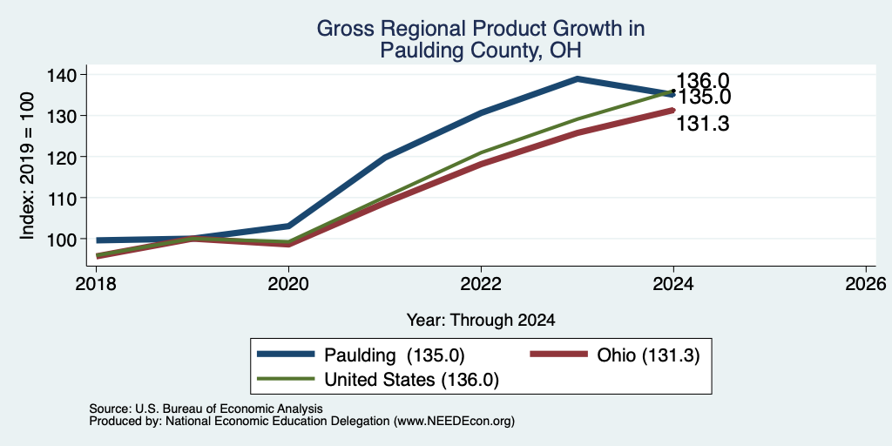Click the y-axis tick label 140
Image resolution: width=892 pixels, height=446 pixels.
(x=66, y=75)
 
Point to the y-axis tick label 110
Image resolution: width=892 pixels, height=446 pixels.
(x=66, y=198)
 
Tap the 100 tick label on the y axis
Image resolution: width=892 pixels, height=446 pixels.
(x=66, y=239)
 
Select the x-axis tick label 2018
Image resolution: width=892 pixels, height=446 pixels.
(x=96, y=284)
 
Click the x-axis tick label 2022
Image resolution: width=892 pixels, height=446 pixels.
(x=481, y=284)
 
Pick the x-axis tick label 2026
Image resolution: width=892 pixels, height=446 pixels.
(x=867, y=284)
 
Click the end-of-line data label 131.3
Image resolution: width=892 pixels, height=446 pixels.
(x=703, y=124)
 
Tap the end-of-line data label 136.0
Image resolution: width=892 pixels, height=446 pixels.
(x=703, y=81)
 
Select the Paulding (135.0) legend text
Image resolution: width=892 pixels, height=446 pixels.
(x=395, y=355)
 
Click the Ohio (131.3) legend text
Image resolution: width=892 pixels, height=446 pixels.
(x=648, y=355)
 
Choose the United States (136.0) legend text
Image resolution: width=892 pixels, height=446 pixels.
(x=411, y=380)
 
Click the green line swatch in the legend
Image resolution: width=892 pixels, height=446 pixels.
(x=286, y=379)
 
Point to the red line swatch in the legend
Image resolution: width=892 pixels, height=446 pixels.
(x=558, y=355)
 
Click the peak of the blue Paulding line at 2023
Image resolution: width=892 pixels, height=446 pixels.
(x=578, y=78)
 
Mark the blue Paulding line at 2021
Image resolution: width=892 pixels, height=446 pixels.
(x=385, y=158)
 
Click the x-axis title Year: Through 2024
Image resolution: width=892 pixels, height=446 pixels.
(x=481, y=321)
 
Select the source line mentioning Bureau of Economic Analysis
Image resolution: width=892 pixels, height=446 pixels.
(x=206, y=409)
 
